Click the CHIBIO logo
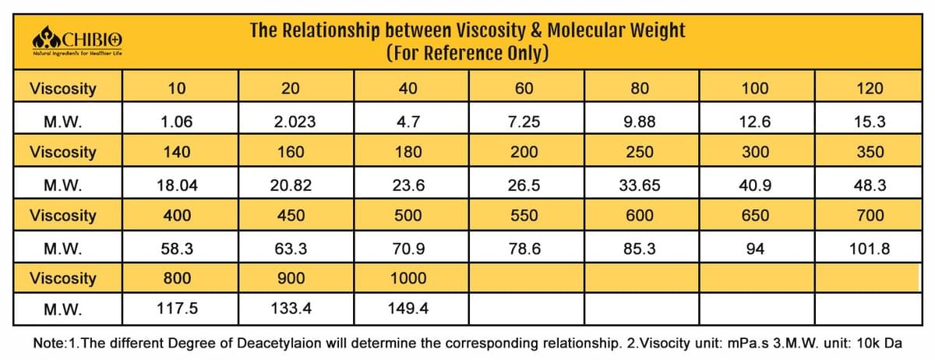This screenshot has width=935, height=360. pyautogui.click(x=77, y=41)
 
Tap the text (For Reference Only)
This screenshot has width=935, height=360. pyautogui.click(x=467, y=53)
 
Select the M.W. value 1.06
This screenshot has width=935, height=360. pyautogui.click(x=177, y=122)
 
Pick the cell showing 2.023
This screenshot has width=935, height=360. pyautogui.click(x=295, y=122)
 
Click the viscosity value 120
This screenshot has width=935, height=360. pyautogui.click(x=870, y=88)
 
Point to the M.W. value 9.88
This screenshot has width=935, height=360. pyautogui.click(x=640, y=122)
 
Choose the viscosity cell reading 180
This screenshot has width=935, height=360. pyautogui.click(x=408, y=152)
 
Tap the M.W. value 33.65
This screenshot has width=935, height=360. pyautogui.click(x=640, y=185)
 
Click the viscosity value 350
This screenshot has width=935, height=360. pyautogui.click(x=870, y=152)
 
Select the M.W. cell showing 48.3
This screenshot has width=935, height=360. pyautogui.click(x=870, y=185)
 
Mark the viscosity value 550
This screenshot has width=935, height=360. pyautogui.click(x=524, y=215)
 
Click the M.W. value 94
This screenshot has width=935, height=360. pyautogui.click(x=755, y=249)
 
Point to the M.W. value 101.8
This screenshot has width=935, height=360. pyautogui.click(x=870, y=249)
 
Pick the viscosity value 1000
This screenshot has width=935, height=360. pyautogui.click(x=408, y=278)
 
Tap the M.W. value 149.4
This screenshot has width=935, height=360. pyautogui.click(x=408, y=309)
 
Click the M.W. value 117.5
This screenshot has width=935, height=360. pyautogui.click(x=177, y=309)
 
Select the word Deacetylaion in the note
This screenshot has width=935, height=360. pyautogui.click(x=279, y=343)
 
